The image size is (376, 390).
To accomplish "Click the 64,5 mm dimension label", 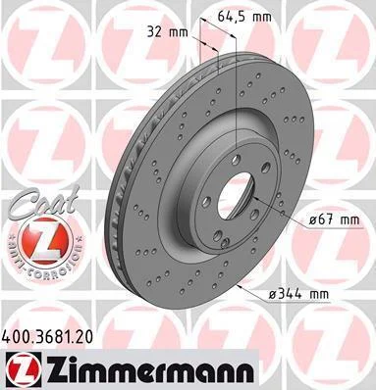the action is pyautogui.click(x=244, y=17).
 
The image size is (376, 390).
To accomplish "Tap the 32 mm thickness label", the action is pyautogui.click(x=168, y=32).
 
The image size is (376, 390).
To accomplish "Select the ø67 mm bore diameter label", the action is pyautogui.click(x=334, y=219).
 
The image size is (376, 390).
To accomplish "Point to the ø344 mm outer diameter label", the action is pyautogui.click(x=298, y=294).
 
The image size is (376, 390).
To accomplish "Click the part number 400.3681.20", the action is pyautogui.click(x=47, y=336).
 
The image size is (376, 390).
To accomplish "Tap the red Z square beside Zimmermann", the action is pyautogui.click(x=24, y=369).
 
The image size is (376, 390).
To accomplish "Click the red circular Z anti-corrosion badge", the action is pyautogui.click(x=45, y=240).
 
